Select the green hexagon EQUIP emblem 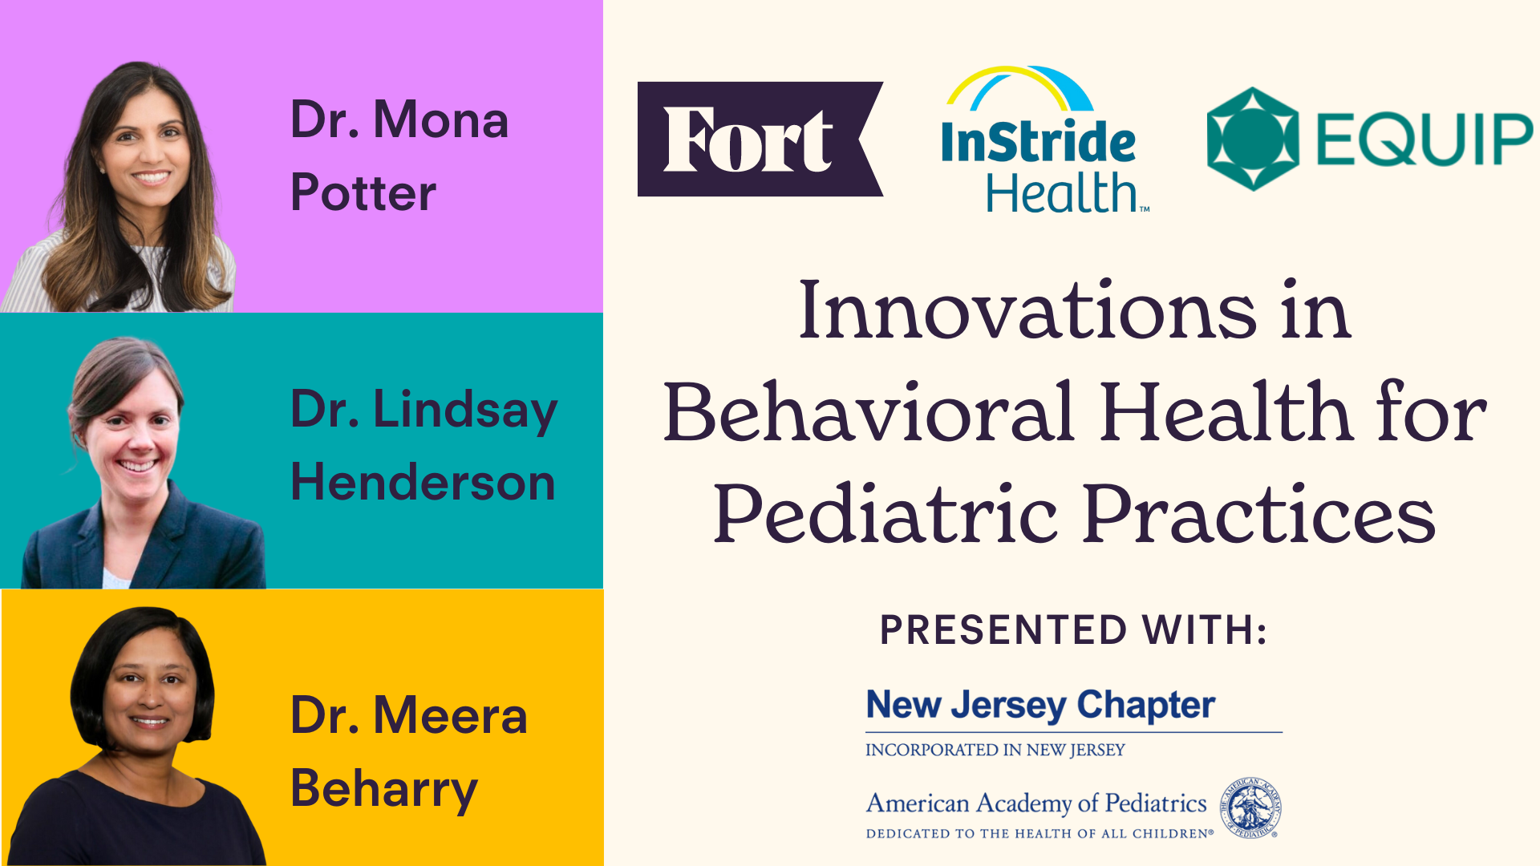(1252, 139)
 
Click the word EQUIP (1424, 140)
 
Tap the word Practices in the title (1259, 515)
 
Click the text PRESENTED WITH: (1073, 630)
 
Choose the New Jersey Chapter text (1040, 706)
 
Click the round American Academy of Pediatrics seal (1250, 808)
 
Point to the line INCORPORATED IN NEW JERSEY (995, 751)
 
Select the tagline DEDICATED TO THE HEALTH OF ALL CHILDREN (1039, 834)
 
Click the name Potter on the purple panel (363, 193)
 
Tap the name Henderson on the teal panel (423, 483)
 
